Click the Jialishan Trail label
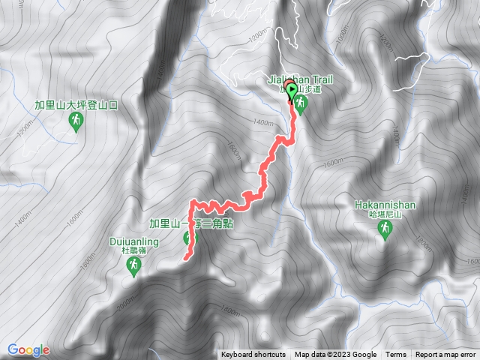(x=300, y=78)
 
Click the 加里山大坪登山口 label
(x=75, y=106)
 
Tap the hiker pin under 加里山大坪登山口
(x=75, y=124)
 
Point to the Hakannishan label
(x=385, y=203)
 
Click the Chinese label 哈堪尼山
(x=385, y=214)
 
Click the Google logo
(x=28, y=349)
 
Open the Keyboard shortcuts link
(x=253, y=355)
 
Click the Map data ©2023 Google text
(x=335, y=355)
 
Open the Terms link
(x=396, y=355)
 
